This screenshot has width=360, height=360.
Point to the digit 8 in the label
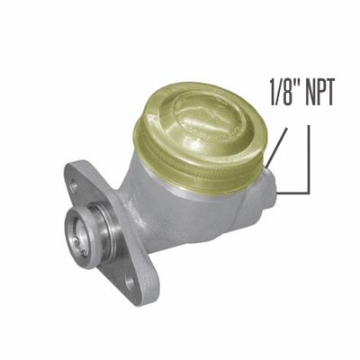coord(290,94)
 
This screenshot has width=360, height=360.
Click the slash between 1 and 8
coord(282,94)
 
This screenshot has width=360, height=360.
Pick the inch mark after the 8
coord(299,86)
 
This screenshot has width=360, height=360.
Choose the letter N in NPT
coord(309,94)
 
